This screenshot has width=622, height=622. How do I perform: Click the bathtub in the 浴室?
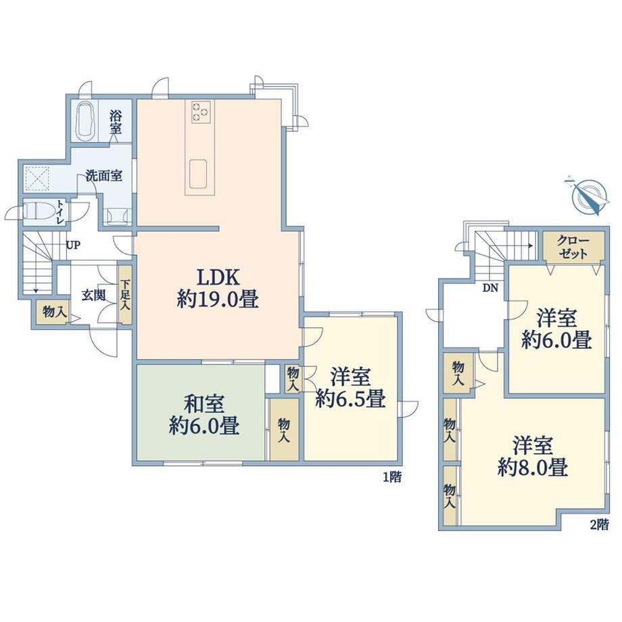pos(85,120)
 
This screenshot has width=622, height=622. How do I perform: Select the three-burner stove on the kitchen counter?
pos(200,112)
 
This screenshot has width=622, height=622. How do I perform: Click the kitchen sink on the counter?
pos(198,174)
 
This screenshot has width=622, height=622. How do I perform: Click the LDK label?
pos(218,277)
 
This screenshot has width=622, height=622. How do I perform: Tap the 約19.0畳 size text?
pos(218,299)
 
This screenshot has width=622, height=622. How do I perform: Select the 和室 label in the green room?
pos(204,404)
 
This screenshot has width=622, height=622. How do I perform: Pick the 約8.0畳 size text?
pos(533,467)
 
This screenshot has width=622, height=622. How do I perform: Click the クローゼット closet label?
pos(573,247)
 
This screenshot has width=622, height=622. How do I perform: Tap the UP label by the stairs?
pos(73,245)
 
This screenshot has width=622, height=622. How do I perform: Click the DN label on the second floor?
pos(490,289)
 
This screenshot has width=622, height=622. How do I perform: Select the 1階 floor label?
pos(392,477)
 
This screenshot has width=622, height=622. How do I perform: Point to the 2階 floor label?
pos(599,525)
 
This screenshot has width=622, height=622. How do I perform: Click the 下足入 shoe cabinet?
pos(125,294)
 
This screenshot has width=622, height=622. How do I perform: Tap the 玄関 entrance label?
pos(93,295)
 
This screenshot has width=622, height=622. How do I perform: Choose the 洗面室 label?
pos(104,176)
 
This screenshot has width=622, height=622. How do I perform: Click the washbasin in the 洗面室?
pos(117,216)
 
